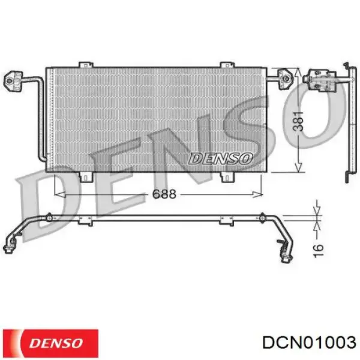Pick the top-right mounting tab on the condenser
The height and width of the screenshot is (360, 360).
click(226, 64)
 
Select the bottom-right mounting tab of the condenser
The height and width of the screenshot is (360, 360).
click(227, 176)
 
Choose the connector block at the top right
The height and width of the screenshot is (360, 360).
click(314, 78)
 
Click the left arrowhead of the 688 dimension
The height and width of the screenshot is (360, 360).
click(58, 194)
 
